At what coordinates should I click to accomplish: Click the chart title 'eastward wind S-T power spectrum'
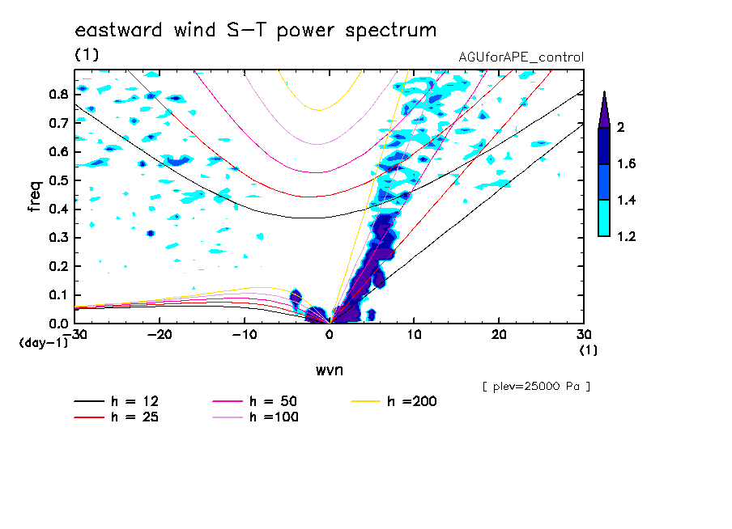256,31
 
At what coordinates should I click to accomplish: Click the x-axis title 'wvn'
330,370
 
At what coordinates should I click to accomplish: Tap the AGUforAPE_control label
521,57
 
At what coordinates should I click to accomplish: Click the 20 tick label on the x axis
499,335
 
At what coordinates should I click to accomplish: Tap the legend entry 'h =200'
411,401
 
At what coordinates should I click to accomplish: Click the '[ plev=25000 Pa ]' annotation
536,387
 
